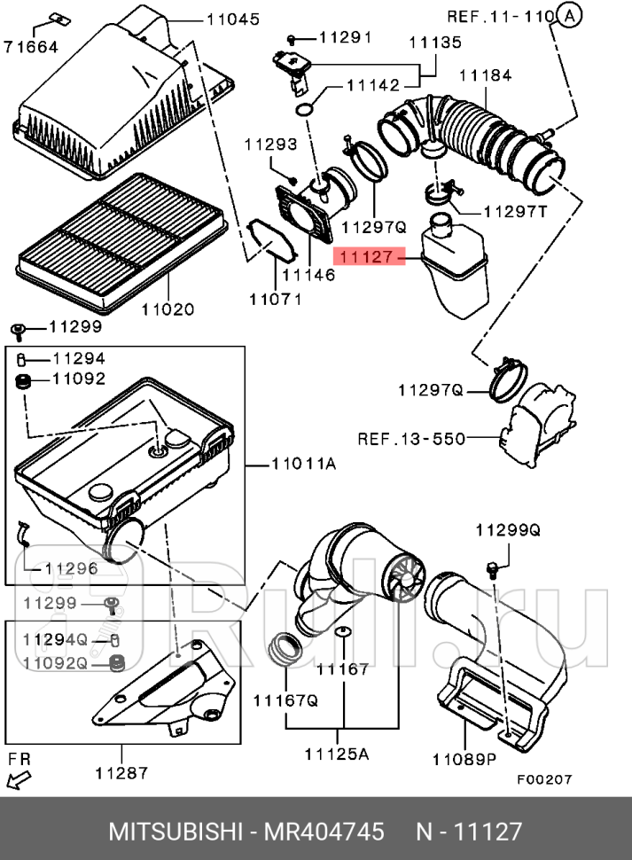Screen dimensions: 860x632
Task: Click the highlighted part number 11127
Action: pyautogui.click(x=367, y=257)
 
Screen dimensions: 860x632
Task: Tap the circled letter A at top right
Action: pyautogui.click(x=570, y=15)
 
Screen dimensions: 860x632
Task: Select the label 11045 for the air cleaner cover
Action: pyautogui.click(x=233, y=19)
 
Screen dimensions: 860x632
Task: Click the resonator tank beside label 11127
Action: pyautogui.click(x=454, y=262)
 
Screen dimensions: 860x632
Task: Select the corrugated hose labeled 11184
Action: pyautogui.click(x=479, y=137)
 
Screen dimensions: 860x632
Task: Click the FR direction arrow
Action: pyautogui.click(x=16, y=779)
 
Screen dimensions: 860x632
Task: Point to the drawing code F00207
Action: pyautogui.click(x=545, y=779)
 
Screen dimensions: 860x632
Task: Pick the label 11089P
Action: pyautogui.click(x=465, y=758)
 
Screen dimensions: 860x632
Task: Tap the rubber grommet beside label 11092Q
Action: pyautogui.click(x=114, y=661)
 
